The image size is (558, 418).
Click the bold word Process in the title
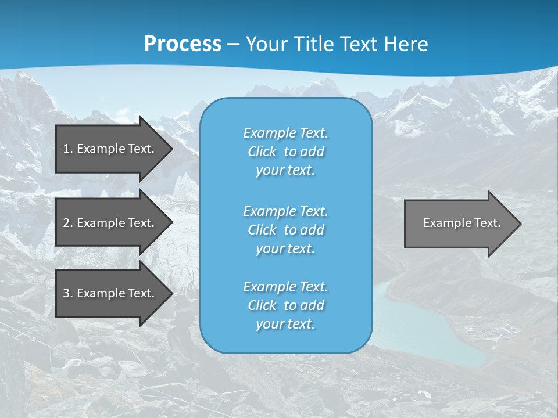183,44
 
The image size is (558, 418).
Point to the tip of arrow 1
171,149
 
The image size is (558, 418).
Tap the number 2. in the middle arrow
68,223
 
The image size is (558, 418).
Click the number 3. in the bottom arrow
68,293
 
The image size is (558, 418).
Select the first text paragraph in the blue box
285,152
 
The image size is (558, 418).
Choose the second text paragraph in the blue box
285,230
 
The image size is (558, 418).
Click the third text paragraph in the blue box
285,305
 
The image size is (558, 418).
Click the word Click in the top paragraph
262,152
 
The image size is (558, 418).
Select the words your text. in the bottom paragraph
285,324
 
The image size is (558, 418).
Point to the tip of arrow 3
171,293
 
